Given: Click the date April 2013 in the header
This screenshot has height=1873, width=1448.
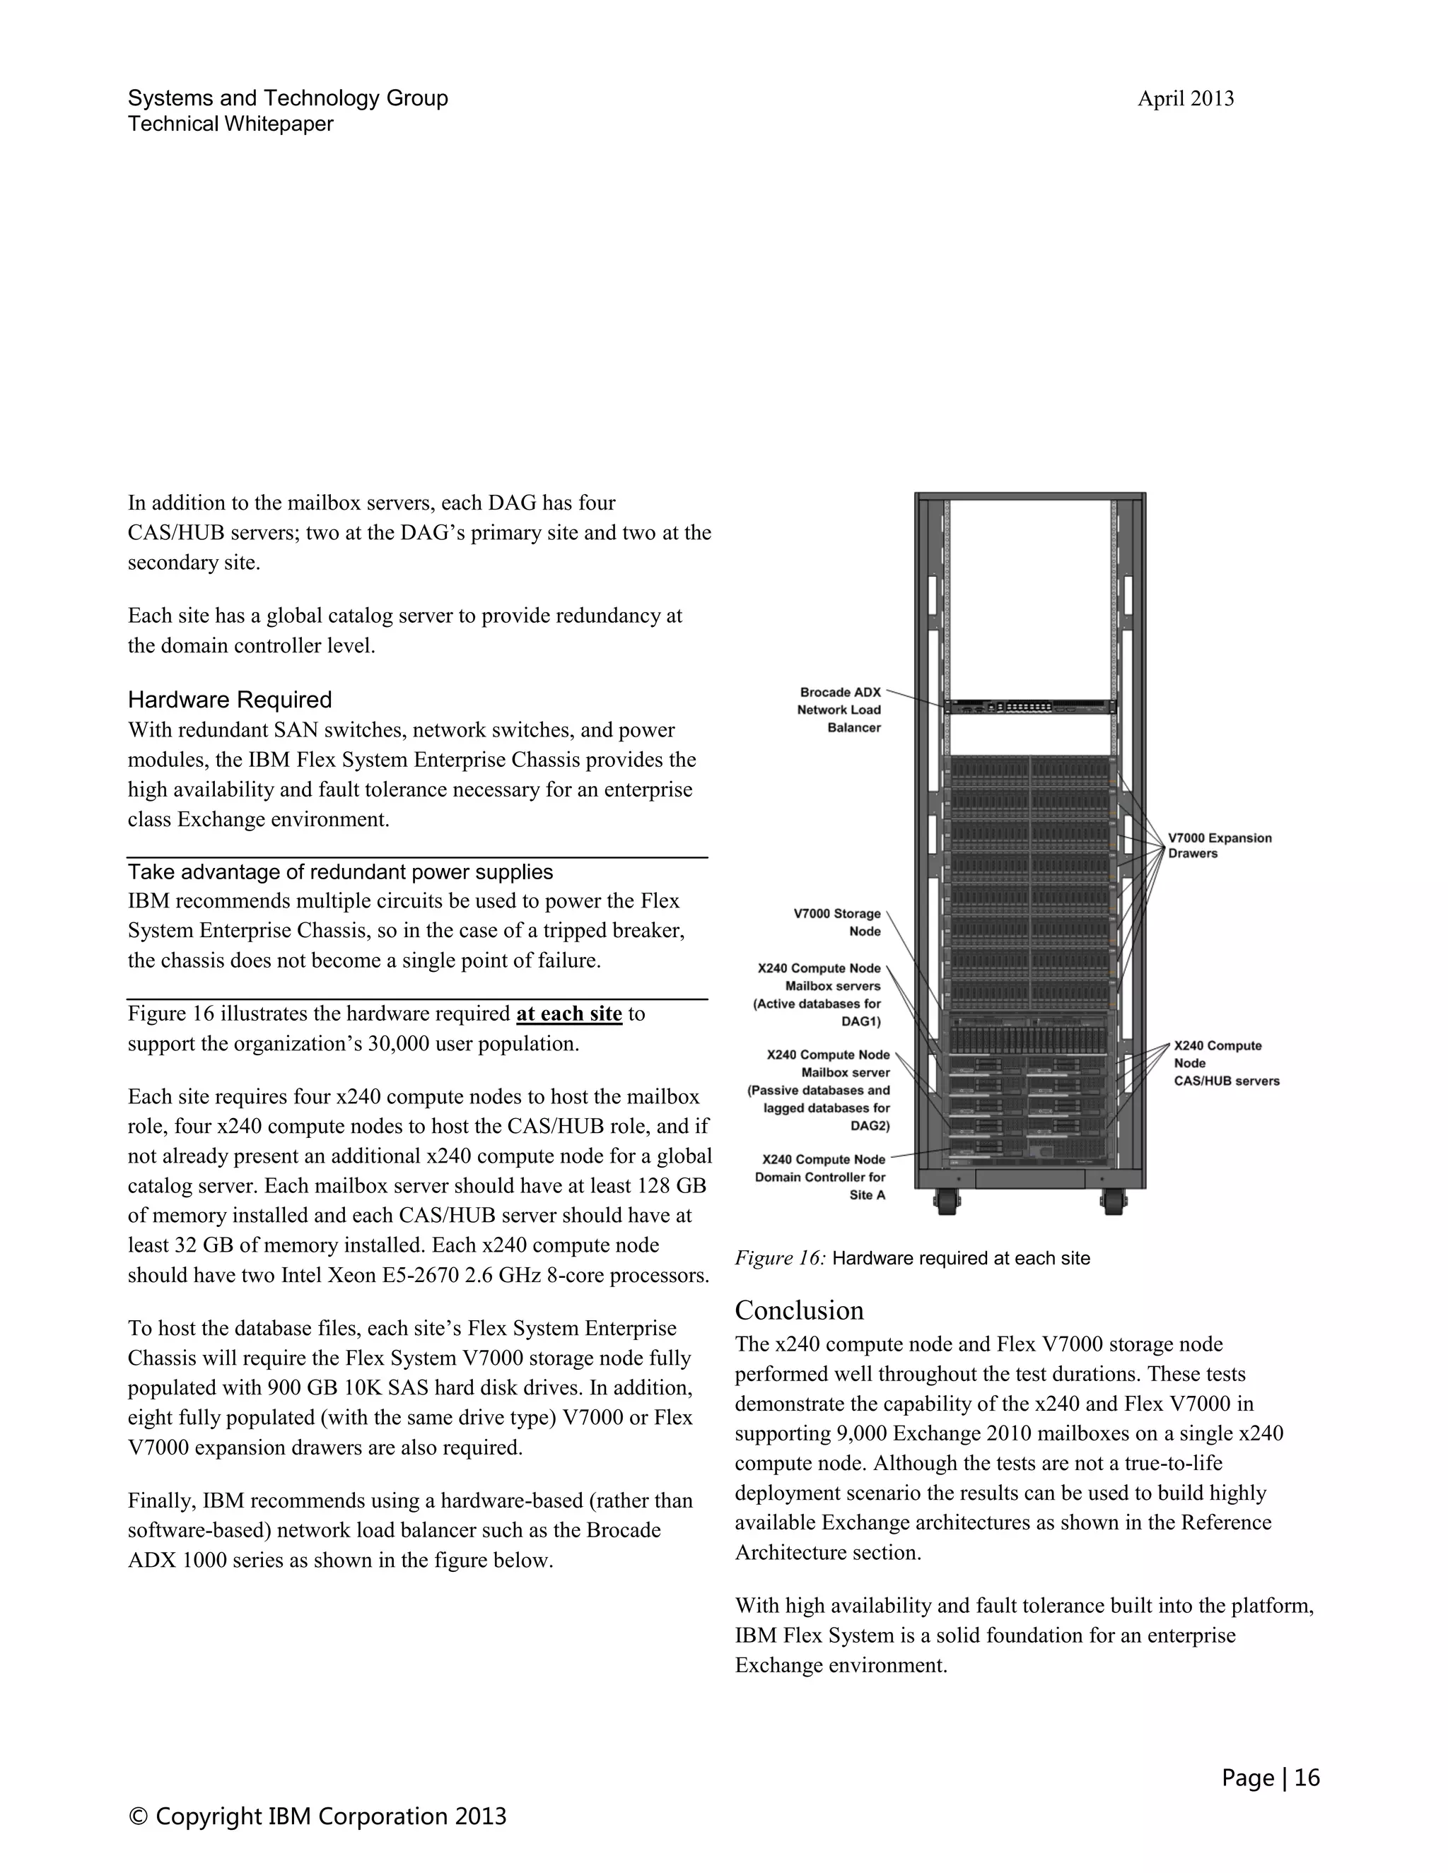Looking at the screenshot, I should point(1185,99).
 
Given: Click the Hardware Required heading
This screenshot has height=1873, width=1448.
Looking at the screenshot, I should point(229,700).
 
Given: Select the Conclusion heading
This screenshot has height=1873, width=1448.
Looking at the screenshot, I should point(799,1310).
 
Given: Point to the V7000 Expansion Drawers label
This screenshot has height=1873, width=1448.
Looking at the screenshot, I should point(1219,845).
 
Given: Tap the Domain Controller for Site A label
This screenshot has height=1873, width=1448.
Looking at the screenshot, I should point(821,1177).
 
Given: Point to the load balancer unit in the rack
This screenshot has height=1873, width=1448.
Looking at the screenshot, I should point(1029,707).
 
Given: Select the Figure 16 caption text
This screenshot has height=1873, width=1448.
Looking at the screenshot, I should point(912,1258).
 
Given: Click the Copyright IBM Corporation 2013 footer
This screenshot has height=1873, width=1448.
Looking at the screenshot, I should point(317,1816).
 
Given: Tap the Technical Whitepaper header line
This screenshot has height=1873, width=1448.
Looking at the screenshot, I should point(230,124).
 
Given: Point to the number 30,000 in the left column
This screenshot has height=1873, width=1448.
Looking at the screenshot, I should point(398,1044).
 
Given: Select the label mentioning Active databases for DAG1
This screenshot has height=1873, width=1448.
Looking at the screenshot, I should point(817,995).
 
